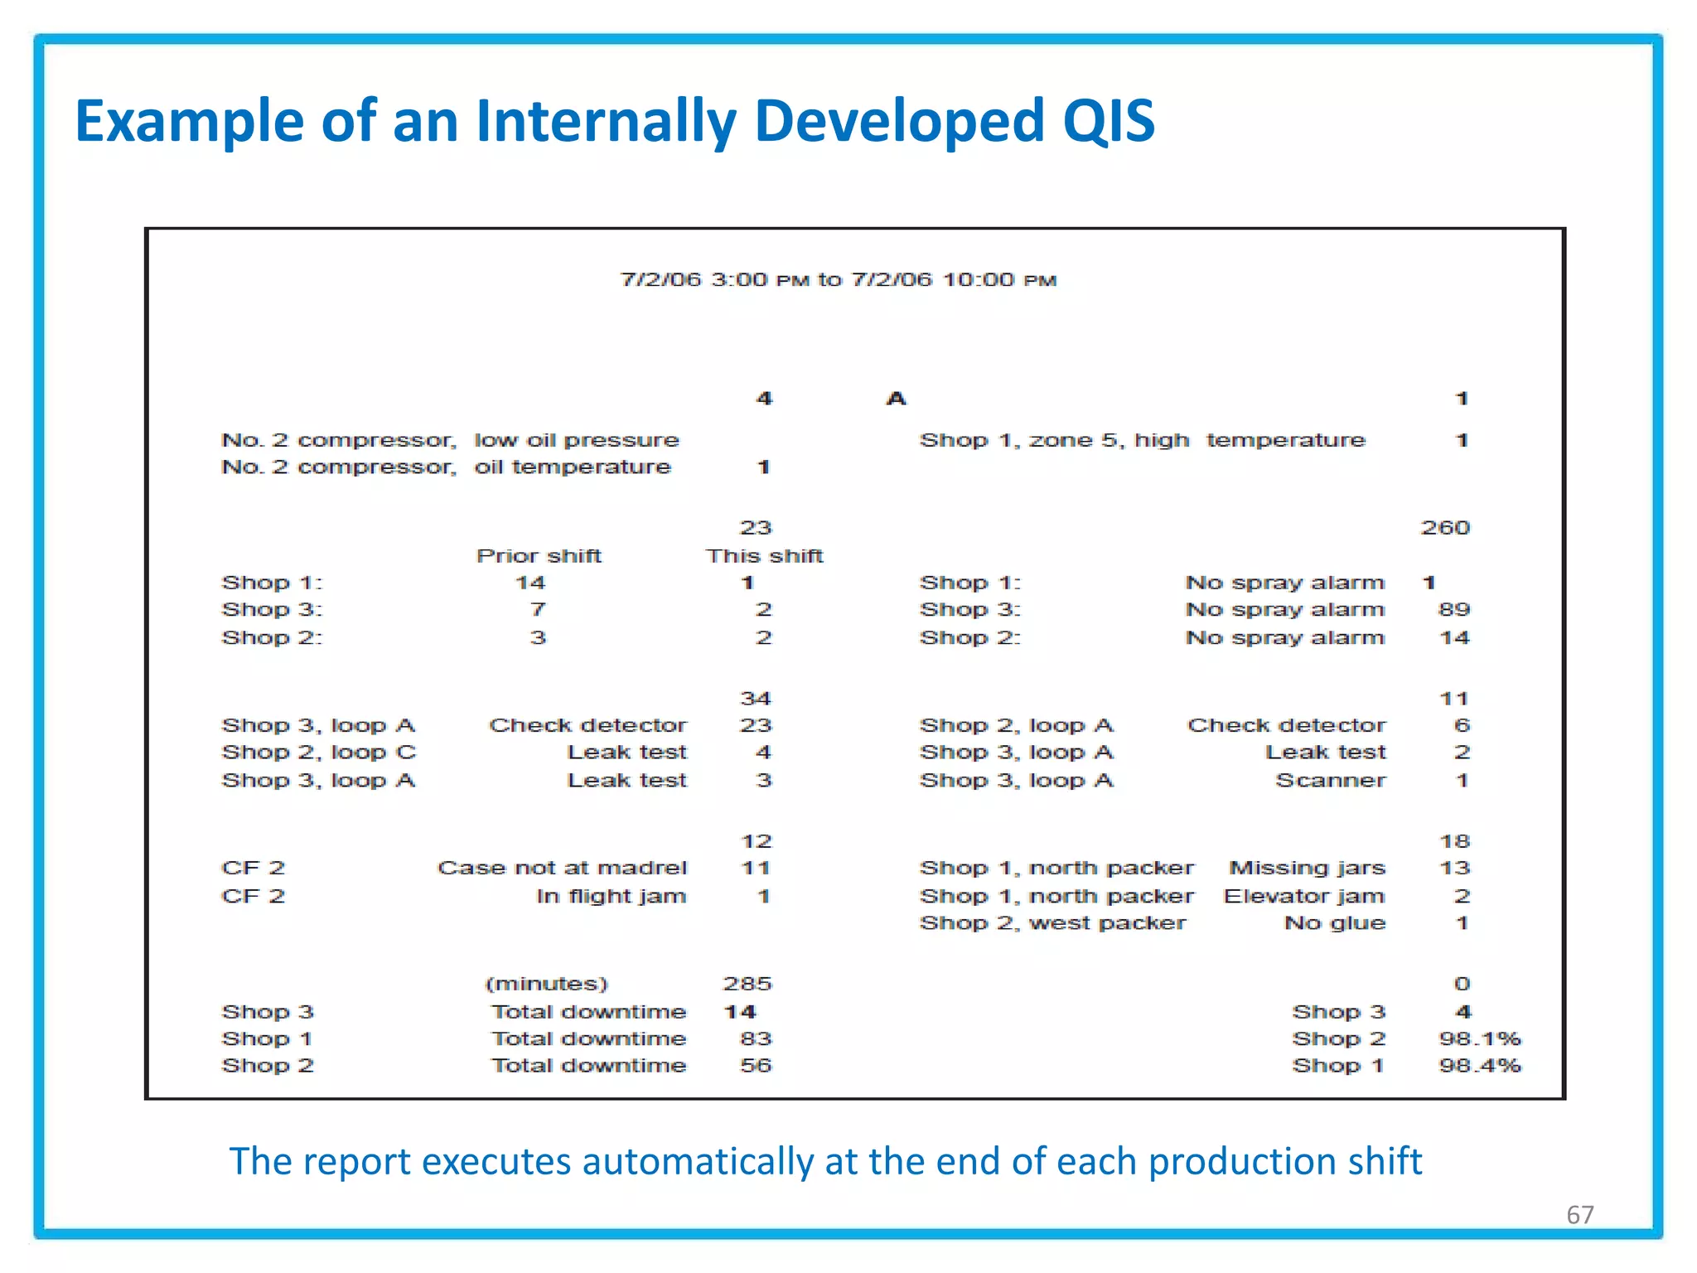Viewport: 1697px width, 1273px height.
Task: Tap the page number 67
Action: click(x=1579, y=1215)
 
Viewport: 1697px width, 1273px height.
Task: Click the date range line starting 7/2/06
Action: click(x=838, y=280)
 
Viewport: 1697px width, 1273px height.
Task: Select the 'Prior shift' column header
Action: click(x=539, y=556)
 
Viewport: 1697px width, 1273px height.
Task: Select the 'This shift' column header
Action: click(x=764, y=556)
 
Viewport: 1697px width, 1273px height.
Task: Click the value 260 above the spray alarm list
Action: click(x=1445, y=528)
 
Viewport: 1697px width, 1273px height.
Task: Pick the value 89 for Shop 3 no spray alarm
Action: click(x=1454, y=610)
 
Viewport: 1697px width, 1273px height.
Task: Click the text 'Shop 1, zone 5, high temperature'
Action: click(x=1142, y=440)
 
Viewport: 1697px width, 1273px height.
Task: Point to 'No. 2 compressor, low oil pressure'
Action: click(x=450, y=440)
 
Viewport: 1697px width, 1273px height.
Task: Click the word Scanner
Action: click(x=1330, y=781)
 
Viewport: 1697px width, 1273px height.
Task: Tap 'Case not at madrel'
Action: click(x=562, y=869)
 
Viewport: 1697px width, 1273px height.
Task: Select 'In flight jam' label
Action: click(x=611, y=897)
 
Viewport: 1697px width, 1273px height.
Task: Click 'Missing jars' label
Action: click(x=1307, y=869)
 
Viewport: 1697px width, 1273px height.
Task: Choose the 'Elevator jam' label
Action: click(x=1303, y=897)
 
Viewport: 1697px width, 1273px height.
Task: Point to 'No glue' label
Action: click(x=1334, y=923)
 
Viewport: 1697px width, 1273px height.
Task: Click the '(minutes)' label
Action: click(x=546, y=985)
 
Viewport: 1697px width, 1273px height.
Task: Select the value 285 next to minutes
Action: click(x=747, y=985)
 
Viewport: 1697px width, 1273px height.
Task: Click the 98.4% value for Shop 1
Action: click(x=1480, y=1066)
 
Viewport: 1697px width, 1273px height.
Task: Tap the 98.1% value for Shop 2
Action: click(x=1480, y=1039)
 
